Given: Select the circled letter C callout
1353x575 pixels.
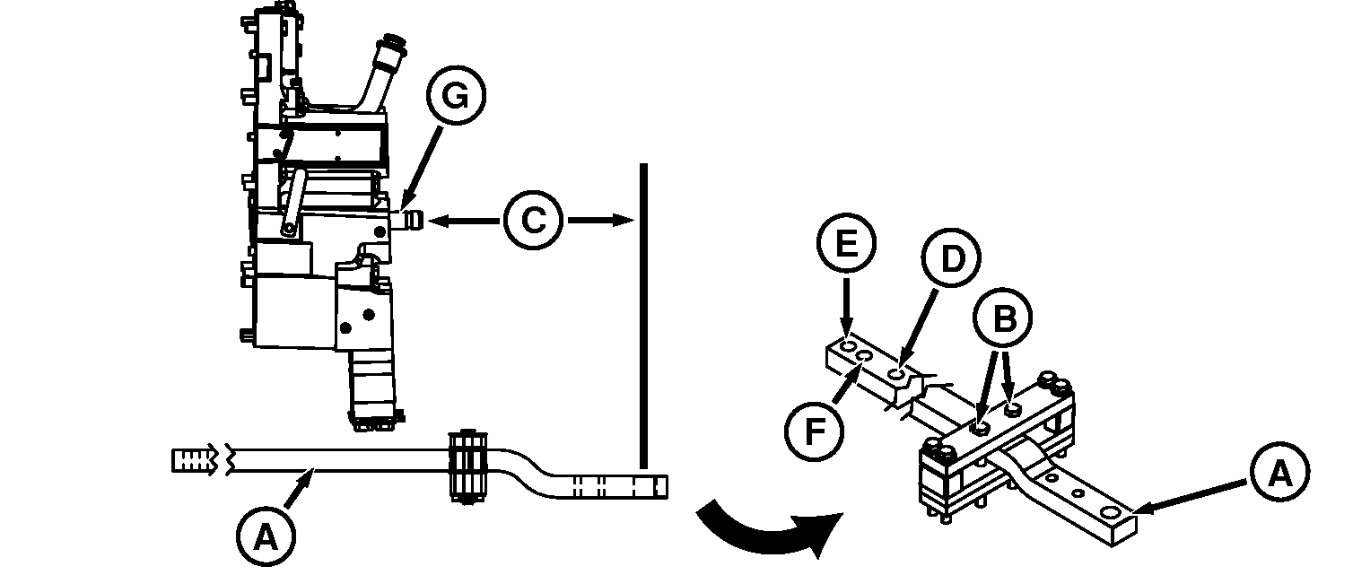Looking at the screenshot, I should point(533,220).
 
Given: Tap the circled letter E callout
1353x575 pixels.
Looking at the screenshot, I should point(845,245).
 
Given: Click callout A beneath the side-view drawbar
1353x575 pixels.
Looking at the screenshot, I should point(264,536).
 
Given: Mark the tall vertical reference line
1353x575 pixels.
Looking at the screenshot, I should point(643,314).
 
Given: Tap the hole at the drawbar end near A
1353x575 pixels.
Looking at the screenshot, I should point(1111,512).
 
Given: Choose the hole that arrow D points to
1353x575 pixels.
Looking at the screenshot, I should point(899,371).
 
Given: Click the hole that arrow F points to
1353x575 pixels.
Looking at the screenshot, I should point(866,357).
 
